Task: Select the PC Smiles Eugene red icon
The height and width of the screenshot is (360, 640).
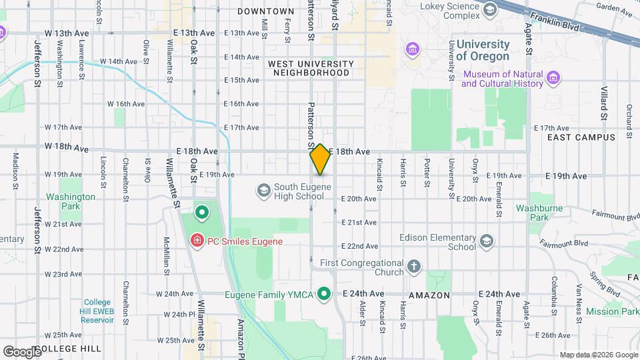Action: point(197,241)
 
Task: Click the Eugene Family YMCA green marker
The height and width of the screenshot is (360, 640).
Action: point(325,293)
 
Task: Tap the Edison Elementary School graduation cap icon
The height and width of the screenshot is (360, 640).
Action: point(486,241)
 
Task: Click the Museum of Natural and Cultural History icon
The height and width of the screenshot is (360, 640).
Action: point(553,79)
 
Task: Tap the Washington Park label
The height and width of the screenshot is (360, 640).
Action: point(71,201)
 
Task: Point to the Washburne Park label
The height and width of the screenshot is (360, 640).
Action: point(532,213)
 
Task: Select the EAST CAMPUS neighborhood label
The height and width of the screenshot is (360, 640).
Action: point(572,137)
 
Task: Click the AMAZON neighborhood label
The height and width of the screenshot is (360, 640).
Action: point(429,295)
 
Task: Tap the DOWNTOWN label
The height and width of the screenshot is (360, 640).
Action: point(265,12)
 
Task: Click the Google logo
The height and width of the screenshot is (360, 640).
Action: point(21,351)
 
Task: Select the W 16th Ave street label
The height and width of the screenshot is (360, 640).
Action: point(126,104)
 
